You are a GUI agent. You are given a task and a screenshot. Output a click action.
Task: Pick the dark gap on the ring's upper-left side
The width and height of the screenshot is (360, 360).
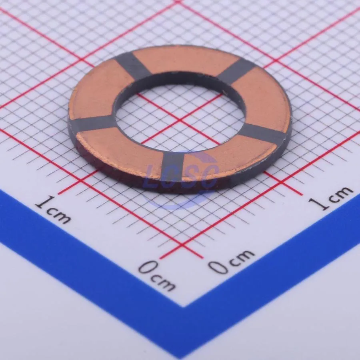click(133, 66)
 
